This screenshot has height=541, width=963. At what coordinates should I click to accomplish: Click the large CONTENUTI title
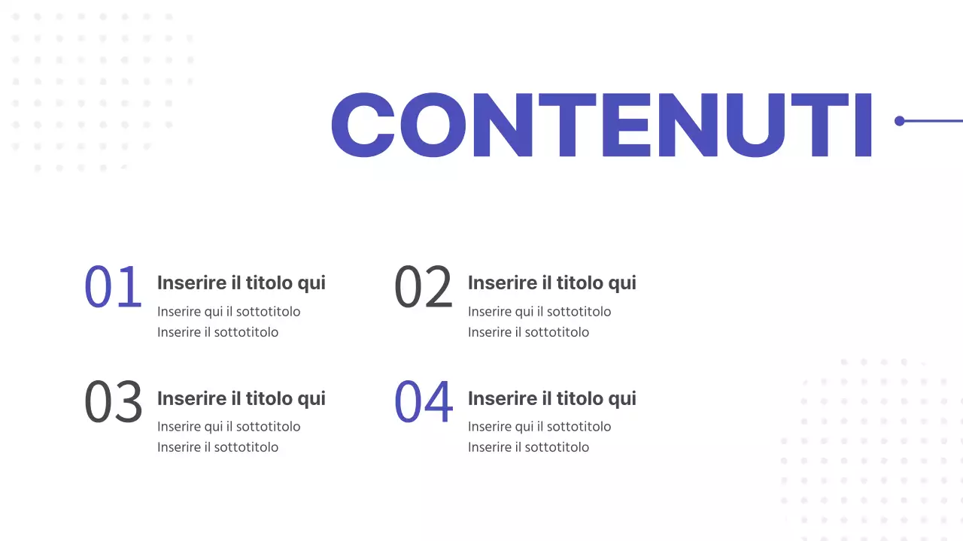click(601, 125)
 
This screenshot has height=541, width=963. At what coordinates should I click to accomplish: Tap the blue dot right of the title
click(899, 121)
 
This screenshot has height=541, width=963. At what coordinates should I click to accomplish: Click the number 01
click(113, 287)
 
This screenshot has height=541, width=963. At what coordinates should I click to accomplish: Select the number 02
click(424, 287)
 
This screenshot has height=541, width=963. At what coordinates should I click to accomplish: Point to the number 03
click(113, 402)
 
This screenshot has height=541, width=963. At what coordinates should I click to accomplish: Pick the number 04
click(424, 402)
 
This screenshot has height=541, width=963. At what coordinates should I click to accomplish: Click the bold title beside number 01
click(241, 283)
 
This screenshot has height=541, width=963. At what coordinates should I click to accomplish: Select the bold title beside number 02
click(551, 283)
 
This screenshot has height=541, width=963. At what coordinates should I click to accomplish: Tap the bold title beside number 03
click(241, 398)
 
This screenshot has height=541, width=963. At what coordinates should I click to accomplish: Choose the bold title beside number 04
click(551, 398)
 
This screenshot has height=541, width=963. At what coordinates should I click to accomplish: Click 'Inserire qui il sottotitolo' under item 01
click(229, 312)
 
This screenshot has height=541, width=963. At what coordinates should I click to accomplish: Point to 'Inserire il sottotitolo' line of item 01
click(217, 332)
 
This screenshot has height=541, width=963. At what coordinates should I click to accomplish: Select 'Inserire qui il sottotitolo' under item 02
click(539, 312)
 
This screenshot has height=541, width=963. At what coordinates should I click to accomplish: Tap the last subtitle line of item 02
click(528, 332)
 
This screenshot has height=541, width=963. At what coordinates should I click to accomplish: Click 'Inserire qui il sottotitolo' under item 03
click(229, 427)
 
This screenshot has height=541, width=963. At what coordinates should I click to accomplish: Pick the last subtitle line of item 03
click(217, 447)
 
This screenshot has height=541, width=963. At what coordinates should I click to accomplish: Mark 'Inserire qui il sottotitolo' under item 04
click(539, 427)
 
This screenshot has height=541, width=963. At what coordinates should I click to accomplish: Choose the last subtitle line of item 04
click(528, 447)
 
